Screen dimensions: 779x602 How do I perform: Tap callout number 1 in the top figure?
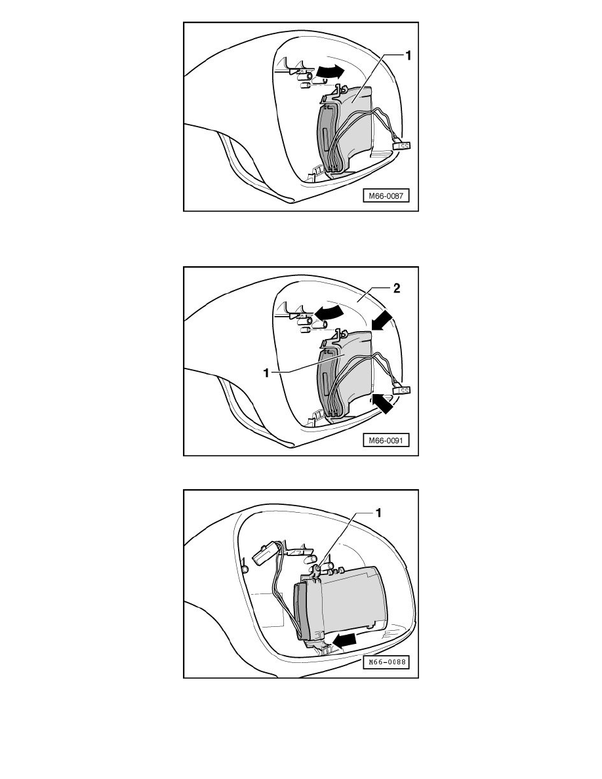(408, 56)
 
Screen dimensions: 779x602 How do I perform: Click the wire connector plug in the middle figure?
(402, 389)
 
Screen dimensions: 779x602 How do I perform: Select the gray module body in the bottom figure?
(354, 597)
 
